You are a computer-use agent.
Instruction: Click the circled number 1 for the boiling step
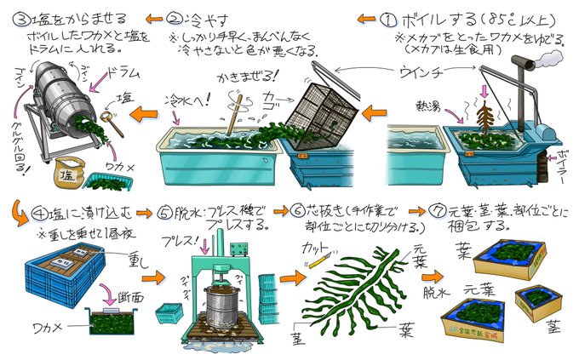click(x=387, y=18)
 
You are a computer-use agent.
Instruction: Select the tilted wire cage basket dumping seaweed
click(x=317, y=106)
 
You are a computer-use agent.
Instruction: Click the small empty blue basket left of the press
click(x=169, y=316)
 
